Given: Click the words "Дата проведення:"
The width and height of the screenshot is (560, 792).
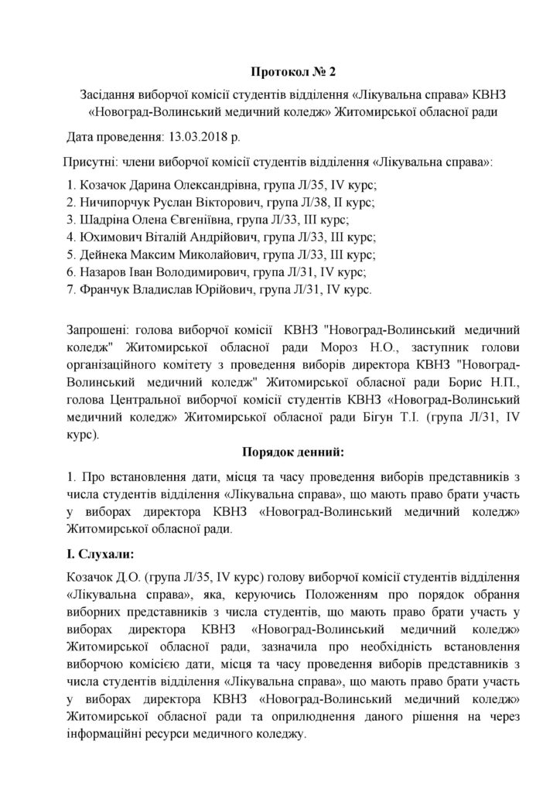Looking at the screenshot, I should pyautogui.click(x=114, y=137).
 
